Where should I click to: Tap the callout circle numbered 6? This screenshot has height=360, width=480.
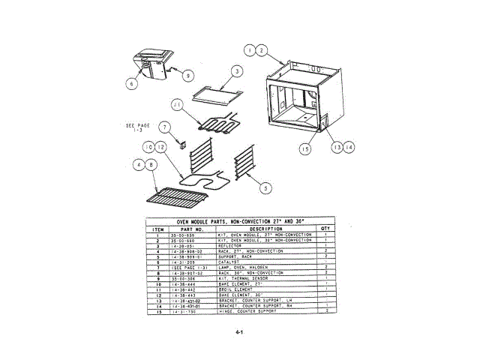[x=131, y=84]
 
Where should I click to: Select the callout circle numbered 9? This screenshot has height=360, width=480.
[x=187, y=74]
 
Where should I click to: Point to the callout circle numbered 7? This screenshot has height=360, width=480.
[x=166, y=127]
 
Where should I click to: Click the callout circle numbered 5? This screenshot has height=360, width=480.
[x=265, y=188]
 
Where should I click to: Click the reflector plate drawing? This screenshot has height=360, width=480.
[x=216, y=93]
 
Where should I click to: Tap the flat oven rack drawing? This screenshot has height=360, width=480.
[x=178, y=199]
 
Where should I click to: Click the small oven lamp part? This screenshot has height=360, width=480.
[x=181, y=140]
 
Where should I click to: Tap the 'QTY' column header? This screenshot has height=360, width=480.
[x=325, y=229]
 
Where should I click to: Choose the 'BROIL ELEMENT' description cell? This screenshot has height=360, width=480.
[x=235, y=290]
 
